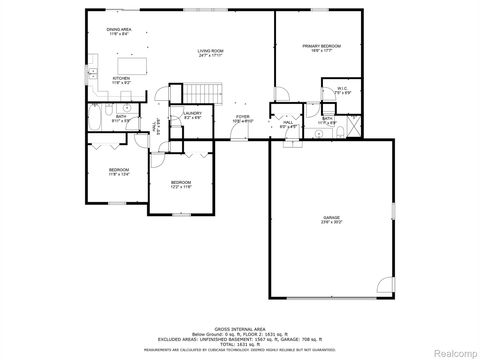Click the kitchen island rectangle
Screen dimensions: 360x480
click(x=128, y=66)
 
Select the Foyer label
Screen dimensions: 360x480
click(x=241, y=119)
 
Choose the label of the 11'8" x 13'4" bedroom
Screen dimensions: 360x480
click(x=118, y=171)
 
